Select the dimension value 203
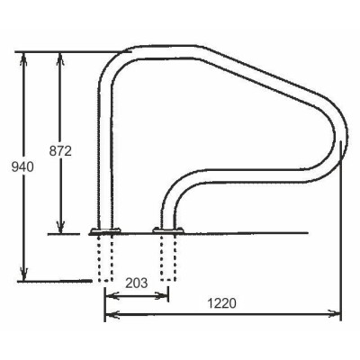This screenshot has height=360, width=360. pyautogui.click(x=136, y=283)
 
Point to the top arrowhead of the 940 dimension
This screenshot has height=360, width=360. pyautogui.click(x=24, y=56)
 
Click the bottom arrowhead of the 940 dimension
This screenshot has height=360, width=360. pyautogui.click(x=24, y=275)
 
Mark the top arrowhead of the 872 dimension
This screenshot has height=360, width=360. pyautogui.click(x=61, y=56)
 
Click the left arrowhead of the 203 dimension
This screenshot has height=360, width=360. pyautogui.click(x=109, y=294)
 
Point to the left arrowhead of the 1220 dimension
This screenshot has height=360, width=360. pyautogui.click(x=109, y=314)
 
